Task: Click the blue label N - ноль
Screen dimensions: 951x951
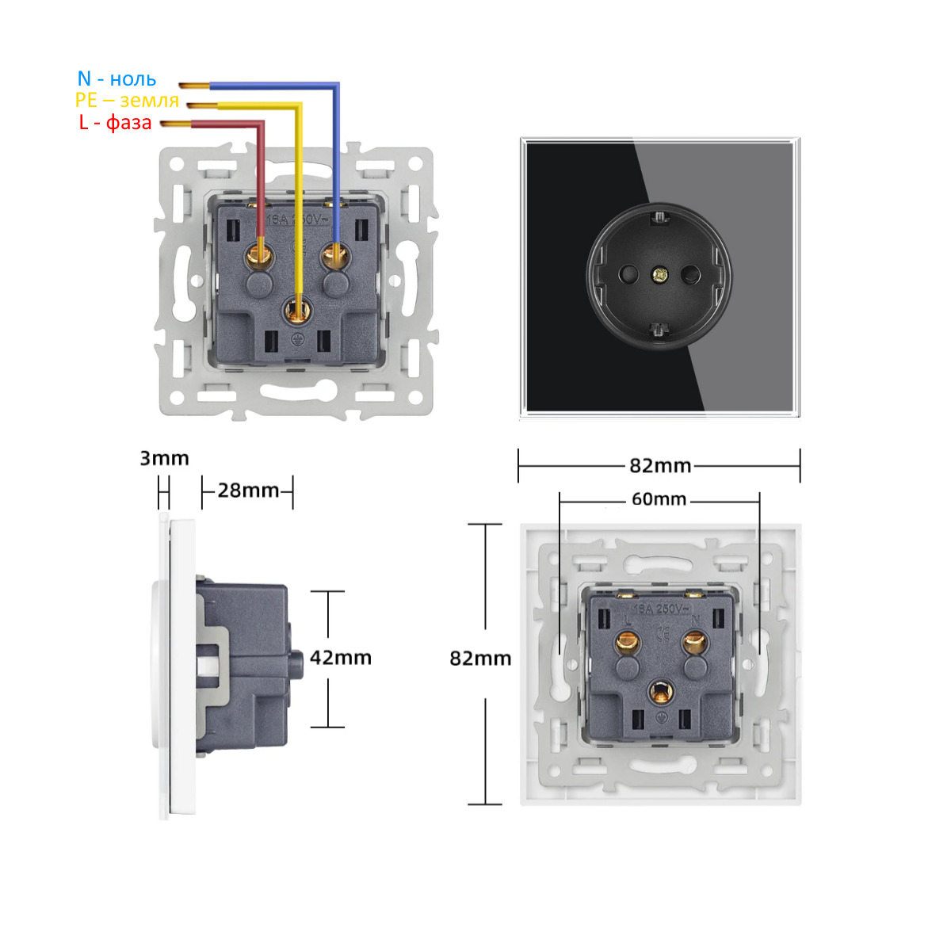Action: tap(116, 79)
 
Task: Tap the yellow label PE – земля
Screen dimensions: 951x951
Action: tap(127, 101)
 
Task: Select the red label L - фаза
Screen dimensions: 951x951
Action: tap(115, 122)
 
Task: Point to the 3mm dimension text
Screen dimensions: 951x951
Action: tap(164, 458)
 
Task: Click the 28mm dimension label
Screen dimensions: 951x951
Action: tap(248, 491)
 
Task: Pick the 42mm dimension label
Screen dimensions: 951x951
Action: tap(341, 658)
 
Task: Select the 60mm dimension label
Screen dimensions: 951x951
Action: tap(659, 499)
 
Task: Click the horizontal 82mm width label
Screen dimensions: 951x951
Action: tap(660, 465)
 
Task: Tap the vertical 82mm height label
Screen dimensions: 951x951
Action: tap(480, 659)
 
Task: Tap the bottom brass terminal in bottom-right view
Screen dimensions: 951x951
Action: tap(659, 692)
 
